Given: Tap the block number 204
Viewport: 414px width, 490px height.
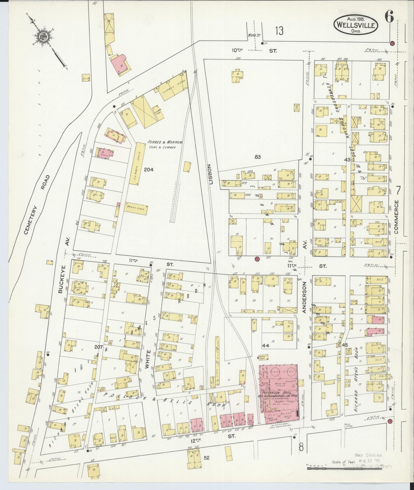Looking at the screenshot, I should coord(149,169).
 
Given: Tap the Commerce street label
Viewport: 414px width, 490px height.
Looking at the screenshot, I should coord(397,217).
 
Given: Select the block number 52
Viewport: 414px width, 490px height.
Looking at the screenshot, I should coord(207,458).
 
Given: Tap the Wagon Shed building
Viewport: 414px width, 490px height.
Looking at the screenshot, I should coord(136,209).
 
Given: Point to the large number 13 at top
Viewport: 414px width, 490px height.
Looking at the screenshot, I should coord(279,31).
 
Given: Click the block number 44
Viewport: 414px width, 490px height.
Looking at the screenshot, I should coord(266,346).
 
